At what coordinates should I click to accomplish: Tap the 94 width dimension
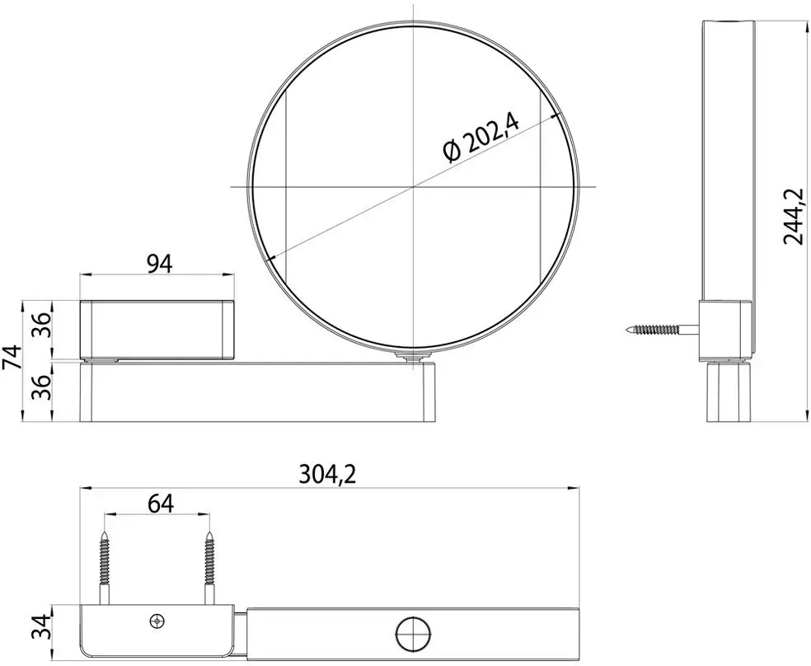[x=160, y=264]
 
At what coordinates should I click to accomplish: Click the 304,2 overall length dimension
[x=328, y=474]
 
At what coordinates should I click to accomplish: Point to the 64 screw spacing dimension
[x=161, y=503]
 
